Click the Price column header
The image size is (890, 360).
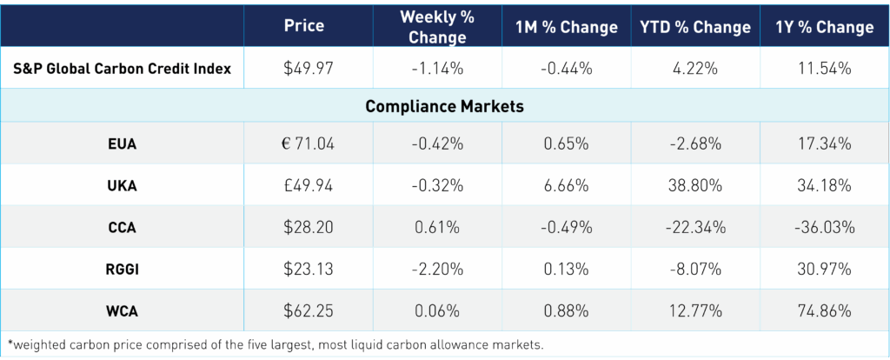[304, 27]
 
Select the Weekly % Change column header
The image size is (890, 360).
[434, 27]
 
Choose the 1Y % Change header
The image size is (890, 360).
[824, 27]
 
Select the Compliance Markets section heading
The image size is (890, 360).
[444, 106]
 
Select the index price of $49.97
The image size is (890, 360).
[304, 68]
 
